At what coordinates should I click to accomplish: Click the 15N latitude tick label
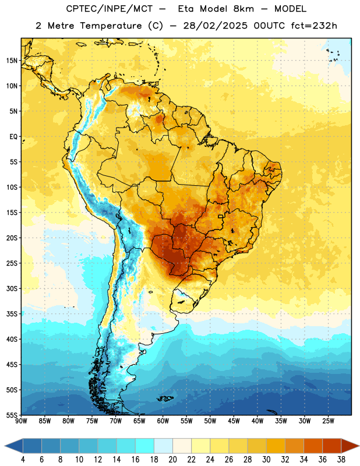coord(12,61)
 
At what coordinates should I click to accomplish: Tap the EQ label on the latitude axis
coord(13,137)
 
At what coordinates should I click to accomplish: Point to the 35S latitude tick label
coord(12,314)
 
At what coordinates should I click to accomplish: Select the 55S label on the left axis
coord(12,415)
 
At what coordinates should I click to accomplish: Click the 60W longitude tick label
coord(163,421)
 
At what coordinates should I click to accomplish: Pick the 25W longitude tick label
coord(328,421)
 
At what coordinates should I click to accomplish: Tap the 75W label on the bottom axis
coord(92,421)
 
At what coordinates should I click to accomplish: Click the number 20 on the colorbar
coord(172,460)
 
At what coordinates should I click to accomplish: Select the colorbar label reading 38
coord(341,460)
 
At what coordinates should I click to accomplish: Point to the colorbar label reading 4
coord(23,460)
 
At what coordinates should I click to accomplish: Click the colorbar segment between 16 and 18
coord(144,446)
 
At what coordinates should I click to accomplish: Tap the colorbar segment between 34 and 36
coord(313,446)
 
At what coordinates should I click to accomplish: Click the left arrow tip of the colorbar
coord(5,446)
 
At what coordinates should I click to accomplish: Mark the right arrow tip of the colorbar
coord(359,446)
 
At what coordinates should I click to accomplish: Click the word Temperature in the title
coord(111,26)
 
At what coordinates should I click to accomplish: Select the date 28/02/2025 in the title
coord(215,26)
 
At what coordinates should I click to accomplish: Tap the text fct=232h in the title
coord(314,26)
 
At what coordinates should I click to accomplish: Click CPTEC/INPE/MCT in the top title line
coord(109,9)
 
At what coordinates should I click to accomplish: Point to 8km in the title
coord(243,9)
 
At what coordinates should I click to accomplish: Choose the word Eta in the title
coord(186,9)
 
